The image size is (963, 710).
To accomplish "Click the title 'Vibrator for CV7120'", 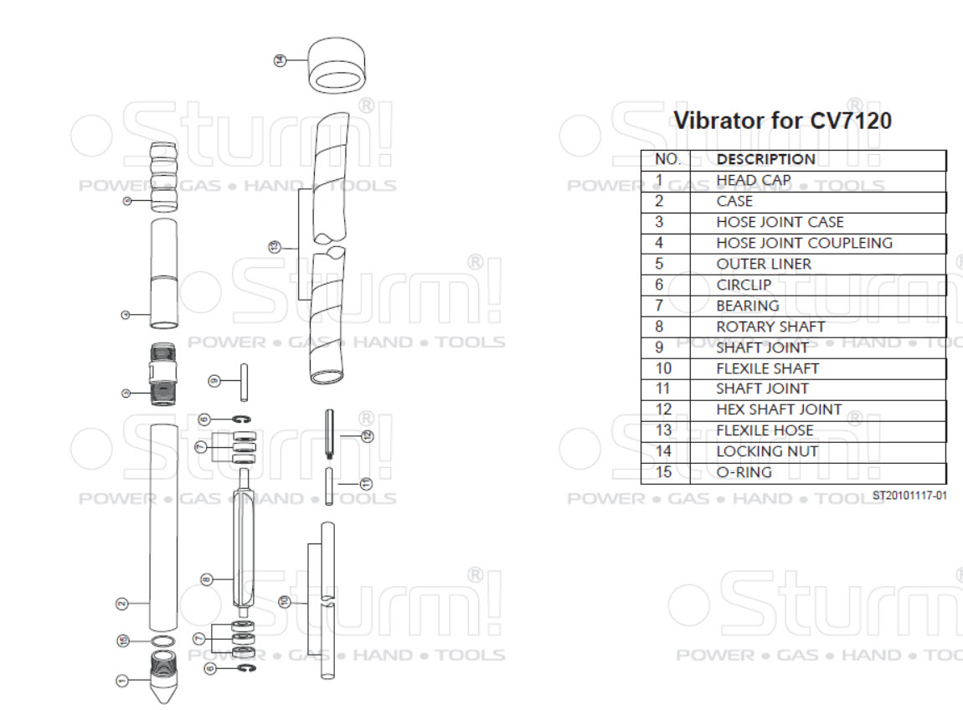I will pyautogui.click(x=783, y=121).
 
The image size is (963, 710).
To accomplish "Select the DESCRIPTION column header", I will pyautogui.click(x=765, y=159).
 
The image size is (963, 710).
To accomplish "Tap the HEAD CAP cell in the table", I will pyautogui.click(x=753, y=180).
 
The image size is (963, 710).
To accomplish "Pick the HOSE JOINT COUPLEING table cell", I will pyautogui.click(x=804, y=243).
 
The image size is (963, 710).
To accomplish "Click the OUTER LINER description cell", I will pyautogui.click(x=764, y=264).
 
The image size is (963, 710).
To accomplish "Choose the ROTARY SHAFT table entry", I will pyautogui.click(x=770, y=327).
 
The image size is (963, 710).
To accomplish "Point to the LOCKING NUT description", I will pyautogui.click(x=767, y=451).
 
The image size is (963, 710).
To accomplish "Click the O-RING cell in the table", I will pyautogui.click(x=744, y=472).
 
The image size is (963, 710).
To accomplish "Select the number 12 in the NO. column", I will pyautogui.click(x=664, y=409).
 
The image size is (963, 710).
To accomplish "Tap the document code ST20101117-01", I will pyautogui.click(x=909, y=495).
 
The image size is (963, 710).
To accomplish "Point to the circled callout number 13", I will pyautogui.click(x=273, y=246).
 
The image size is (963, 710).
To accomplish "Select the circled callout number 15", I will pyautogui.click(x=123, y=641).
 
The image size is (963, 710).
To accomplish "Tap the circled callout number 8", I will pyautogui.click(x=207, y=579).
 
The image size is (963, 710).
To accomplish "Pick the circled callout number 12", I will pyautogui.click(x=366, y=435).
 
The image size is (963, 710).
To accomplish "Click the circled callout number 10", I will pyautogui.click(x=285, y=601).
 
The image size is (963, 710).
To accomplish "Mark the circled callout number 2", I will pyautogui.click(x=121, y=603).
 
